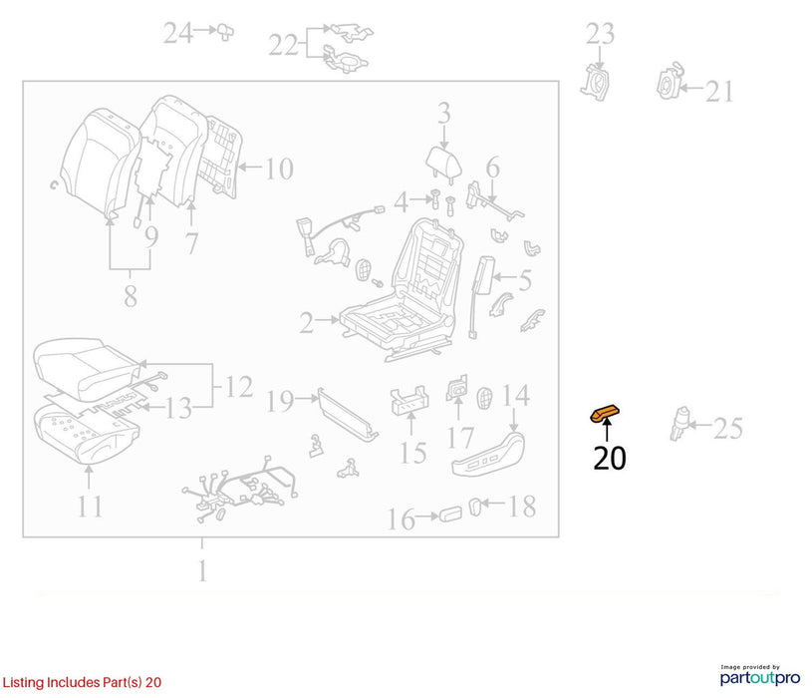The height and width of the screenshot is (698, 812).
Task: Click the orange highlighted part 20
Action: [x=605, y=414]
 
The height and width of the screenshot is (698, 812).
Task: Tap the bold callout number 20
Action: [x=610, y=458]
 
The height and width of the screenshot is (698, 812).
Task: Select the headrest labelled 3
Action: [x=443, y=164]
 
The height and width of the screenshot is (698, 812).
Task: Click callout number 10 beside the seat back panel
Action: [x=279, y=169]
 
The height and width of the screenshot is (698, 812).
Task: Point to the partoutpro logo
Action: [x=760, y=675]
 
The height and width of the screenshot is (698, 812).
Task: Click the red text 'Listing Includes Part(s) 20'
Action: [x=82, y=682]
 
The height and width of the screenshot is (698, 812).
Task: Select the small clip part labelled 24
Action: [x=225, y=32]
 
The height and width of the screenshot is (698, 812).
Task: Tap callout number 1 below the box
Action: [x=202, y=570]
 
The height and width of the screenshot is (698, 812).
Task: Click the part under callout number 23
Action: [x=595, y=83]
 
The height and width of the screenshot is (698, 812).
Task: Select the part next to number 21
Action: [x=669, y=82]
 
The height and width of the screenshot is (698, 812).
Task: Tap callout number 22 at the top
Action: [x=284, y=45]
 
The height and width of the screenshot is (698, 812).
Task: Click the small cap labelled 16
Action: [x=450, y=515]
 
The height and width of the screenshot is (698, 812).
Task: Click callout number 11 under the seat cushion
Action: [x=90, y=507]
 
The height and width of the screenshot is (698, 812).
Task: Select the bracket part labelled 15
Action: [x=409, y=400]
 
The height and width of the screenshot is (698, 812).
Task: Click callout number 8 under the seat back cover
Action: [x=131, y=296]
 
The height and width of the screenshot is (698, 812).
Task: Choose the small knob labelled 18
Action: [x=475, y=507]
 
